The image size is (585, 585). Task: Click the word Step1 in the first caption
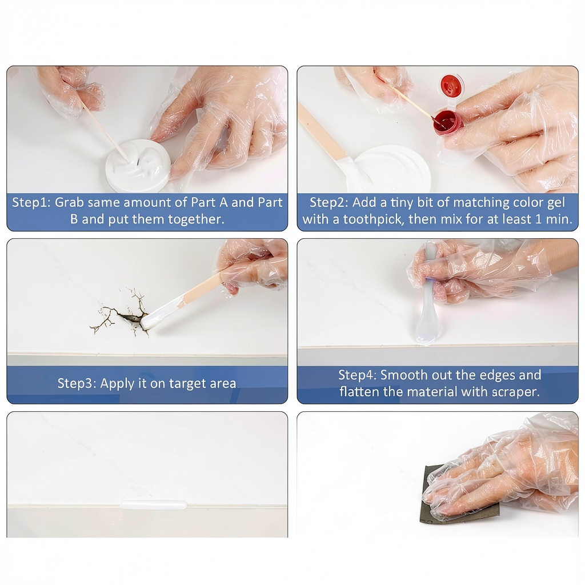(30, 203)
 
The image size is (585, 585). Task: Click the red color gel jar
(447, 121)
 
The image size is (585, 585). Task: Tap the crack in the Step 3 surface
(119, 314)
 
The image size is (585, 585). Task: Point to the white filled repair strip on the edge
(153, 505)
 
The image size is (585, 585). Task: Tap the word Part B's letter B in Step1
(74, 219)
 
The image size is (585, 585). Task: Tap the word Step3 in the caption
(77, 383)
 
